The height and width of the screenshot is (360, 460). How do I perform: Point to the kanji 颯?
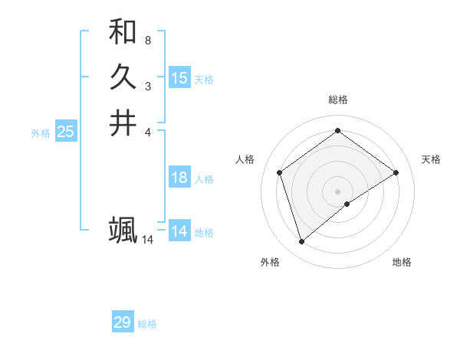(123, 230)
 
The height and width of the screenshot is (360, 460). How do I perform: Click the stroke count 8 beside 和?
(147, 40)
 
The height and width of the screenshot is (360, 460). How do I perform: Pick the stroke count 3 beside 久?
(147, 86)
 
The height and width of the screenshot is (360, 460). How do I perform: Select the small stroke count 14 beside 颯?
(147, 240)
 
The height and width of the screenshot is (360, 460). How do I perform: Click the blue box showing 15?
(179, 78)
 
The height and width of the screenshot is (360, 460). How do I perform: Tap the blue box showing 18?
(179, 178)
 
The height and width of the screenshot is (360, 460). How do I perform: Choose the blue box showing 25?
(66, 132)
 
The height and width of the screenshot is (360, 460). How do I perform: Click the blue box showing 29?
(123, 322)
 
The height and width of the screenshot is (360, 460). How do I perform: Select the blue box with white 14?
(179, 231)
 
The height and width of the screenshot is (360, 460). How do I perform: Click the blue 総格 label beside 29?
(147, 324)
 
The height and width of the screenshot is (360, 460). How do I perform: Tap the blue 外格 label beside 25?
(41, 133)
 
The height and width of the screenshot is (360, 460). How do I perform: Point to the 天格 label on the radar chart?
(432, 159)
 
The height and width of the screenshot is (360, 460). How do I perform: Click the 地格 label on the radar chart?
(402, 262)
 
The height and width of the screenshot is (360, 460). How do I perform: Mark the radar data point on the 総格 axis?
(337, 131)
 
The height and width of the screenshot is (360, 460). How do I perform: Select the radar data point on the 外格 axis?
(301, 242)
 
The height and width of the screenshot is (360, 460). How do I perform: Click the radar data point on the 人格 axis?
(279, 172)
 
